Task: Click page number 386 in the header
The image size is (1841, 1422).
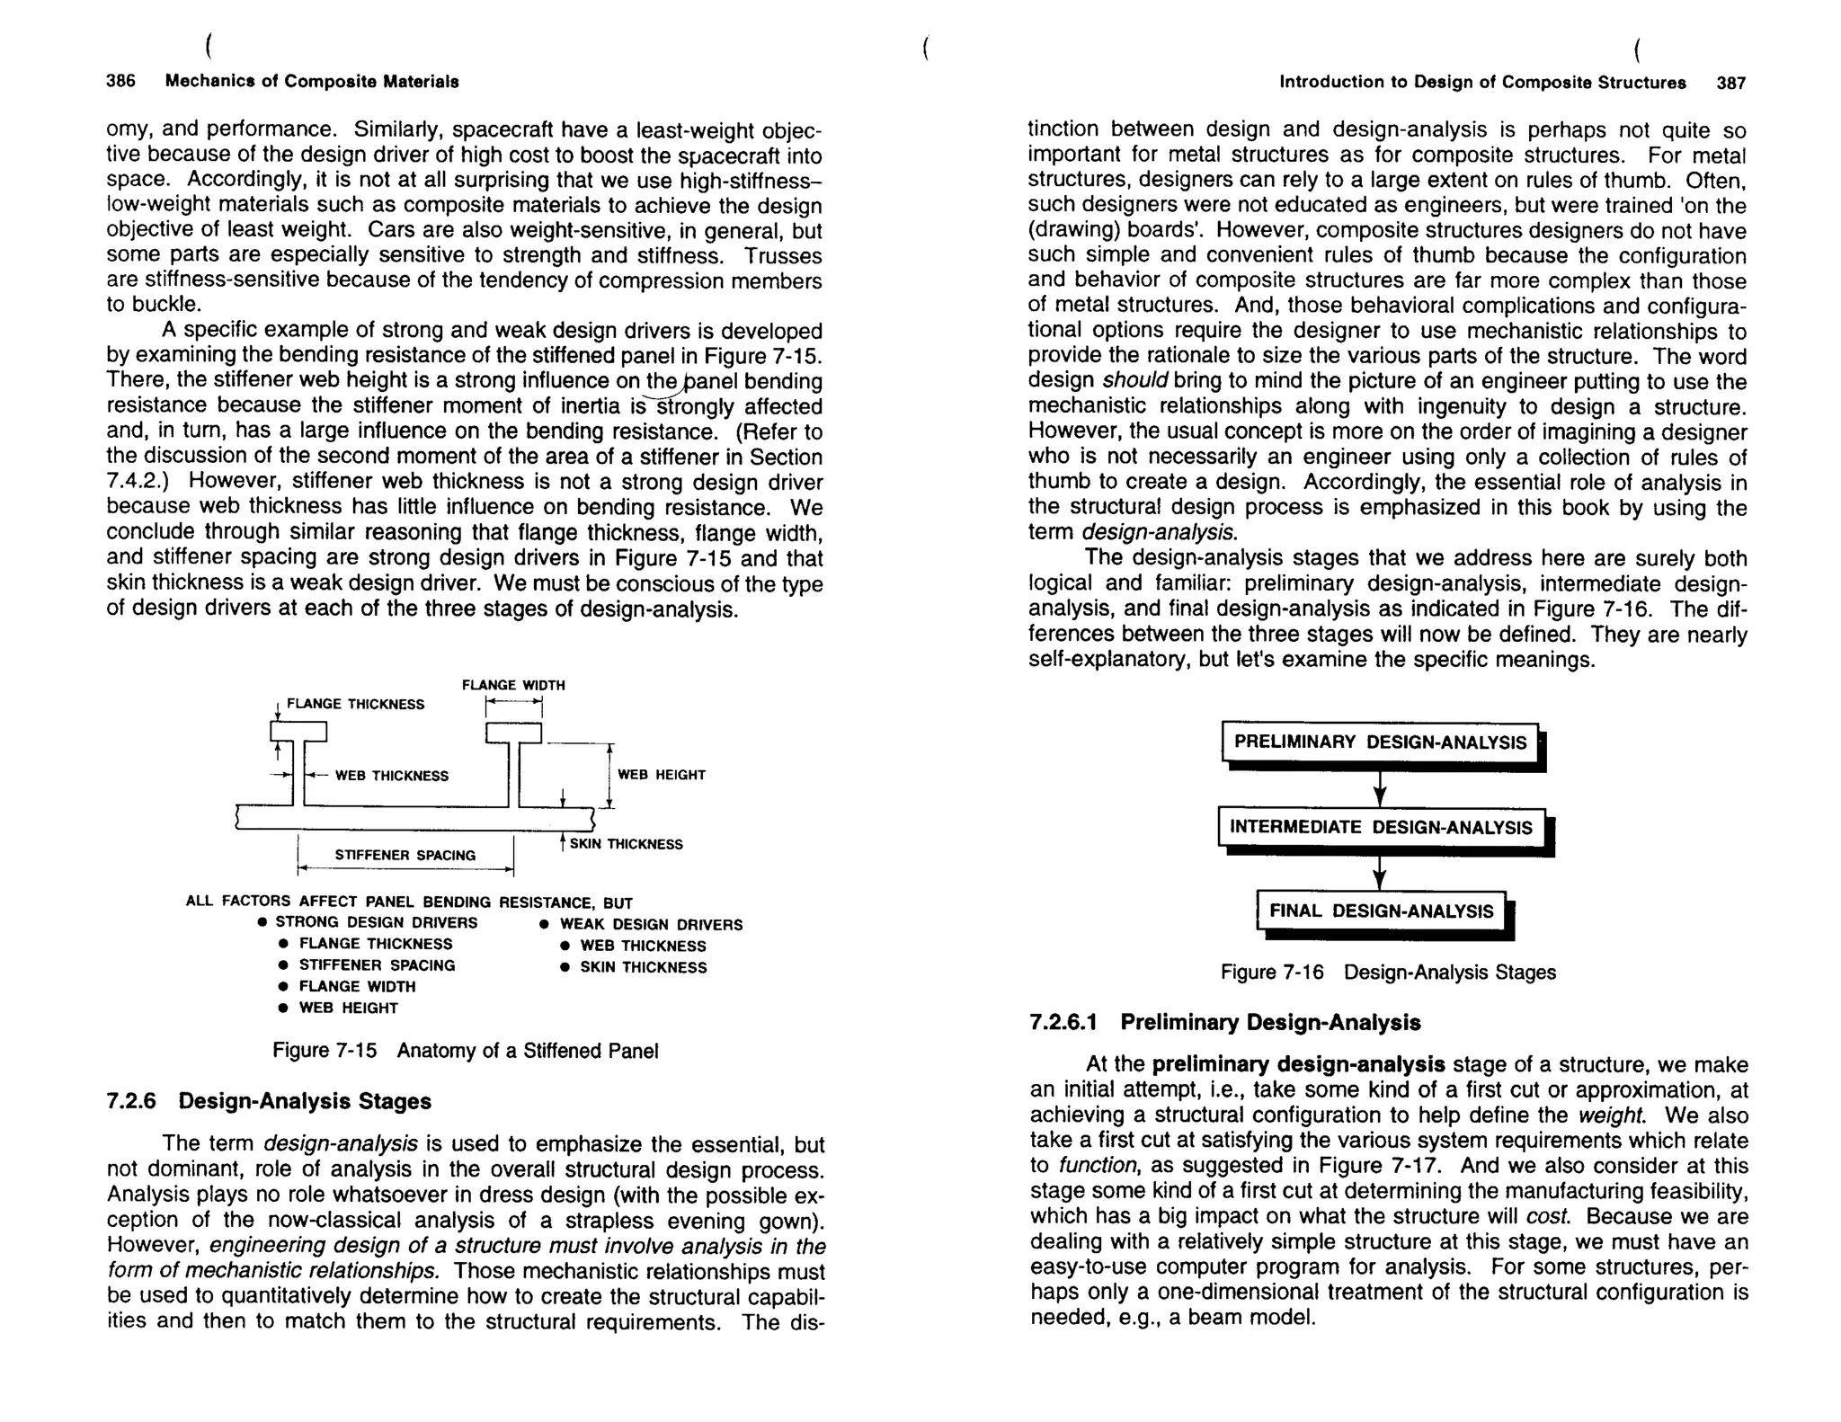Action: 120,81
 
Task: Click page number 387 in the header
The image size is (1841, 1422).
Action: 1730,83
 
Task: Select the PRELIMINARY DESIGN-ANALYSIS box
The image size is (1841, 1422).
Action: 1380,742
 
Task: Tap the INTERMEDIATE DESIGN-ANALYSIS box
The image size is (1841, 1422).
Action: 1381,827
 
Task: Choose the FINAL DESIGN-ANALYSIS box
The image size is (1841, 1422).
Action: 1381,911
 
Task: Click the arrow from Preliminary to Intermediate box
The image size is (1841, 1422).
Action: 1381,788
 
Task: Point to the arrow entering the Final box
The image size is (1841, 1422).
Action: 1381,873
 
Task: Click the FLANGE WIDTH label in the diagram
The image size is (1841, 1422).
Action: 513,685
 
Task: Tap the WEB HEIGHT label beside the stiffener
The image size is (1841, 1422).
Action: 662,774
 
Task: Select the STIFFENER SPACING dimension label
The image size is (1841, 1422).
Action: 405,855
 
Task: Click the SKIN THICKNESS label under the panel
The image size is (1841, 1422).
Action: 626,844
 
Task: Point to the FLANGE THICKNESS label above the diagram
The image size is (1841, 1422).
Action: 355,704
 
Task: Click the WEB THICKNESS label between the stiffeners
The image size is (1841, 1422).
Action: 391,776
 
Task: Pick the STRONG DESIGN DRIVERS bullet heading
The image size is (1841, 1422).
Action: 376,922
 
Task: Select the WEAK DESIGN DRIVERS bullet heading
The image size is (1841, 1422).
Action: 651,924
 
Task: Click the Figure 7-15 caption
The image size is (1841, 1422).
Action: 465,1051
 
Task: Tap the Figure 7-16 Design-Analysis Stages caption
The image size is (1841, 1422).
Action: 1387,973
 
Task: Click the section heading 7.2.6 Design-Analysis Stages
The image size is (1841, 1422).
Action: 269,1101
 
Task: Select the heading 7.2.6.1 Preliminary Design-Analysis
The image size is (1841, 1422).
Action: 1224,1023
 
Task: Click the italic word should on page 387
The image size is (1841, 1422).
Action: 1134,382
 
